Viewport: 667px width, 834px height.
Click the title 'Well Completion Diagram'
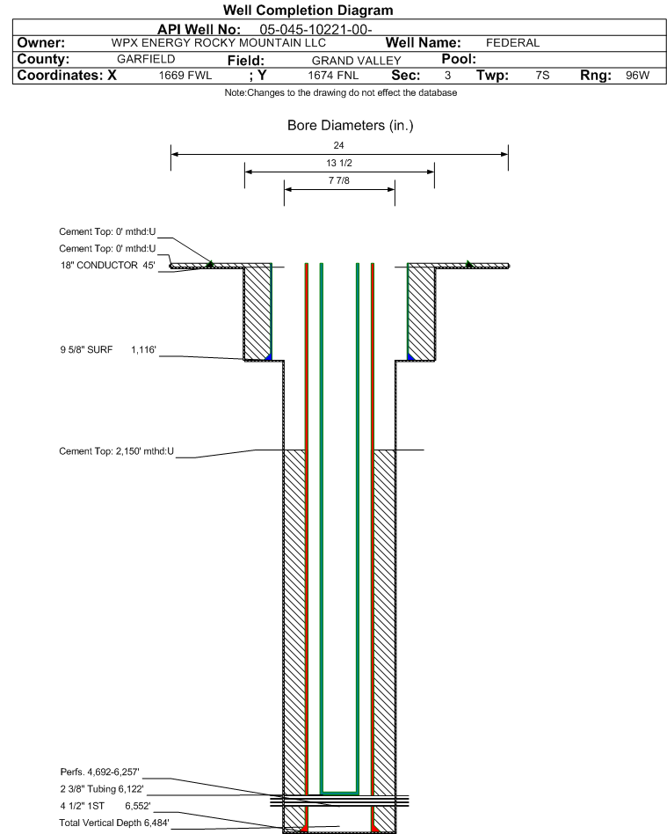[308, 10]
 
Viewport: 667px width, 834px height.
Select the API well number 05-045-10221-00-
[315, 30]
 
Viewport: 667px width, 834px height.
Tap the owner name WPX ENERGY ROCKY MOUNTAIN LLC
[219, 43]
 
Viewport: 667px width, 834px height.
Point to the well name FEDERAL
[512, 43]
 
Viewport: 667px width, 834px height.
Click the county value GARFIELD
[146, 59]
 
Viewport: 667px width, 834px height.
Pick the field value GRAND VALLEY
[356, 61]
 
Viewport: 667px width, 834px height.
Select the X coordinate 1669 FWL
[185, 76]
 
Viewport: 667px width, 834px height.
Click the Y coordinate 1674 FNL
[333, 76]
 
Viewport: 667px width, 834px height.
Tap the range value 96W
[637, 76]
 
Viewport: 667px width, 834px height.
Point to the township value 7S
[542, 76]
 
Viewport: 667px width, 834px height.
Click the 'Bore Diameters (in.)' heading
[351, 126]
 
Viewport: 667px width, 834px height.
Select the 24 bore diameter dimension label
[338, 145]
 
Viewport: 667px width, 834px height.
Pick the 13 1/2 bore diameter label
[339, 163]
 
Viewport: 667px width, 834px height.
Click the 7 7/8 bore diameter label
[339, 180]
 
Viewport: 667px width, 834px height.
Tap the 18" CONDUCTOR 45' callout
[108, 266]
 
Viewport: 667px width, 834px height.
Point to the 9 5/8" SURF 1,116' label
[108, 350]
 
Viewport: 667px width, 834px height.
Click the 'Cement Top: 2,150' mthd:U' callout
[116, 451]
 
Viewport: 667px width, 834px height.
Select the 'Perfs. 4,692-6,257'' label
[100, 772]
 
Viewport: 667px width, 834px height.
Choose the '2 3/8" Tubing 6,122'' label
[102, 789]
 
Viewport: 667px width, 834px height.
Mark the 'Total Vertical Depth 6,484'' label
[114, 823]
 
